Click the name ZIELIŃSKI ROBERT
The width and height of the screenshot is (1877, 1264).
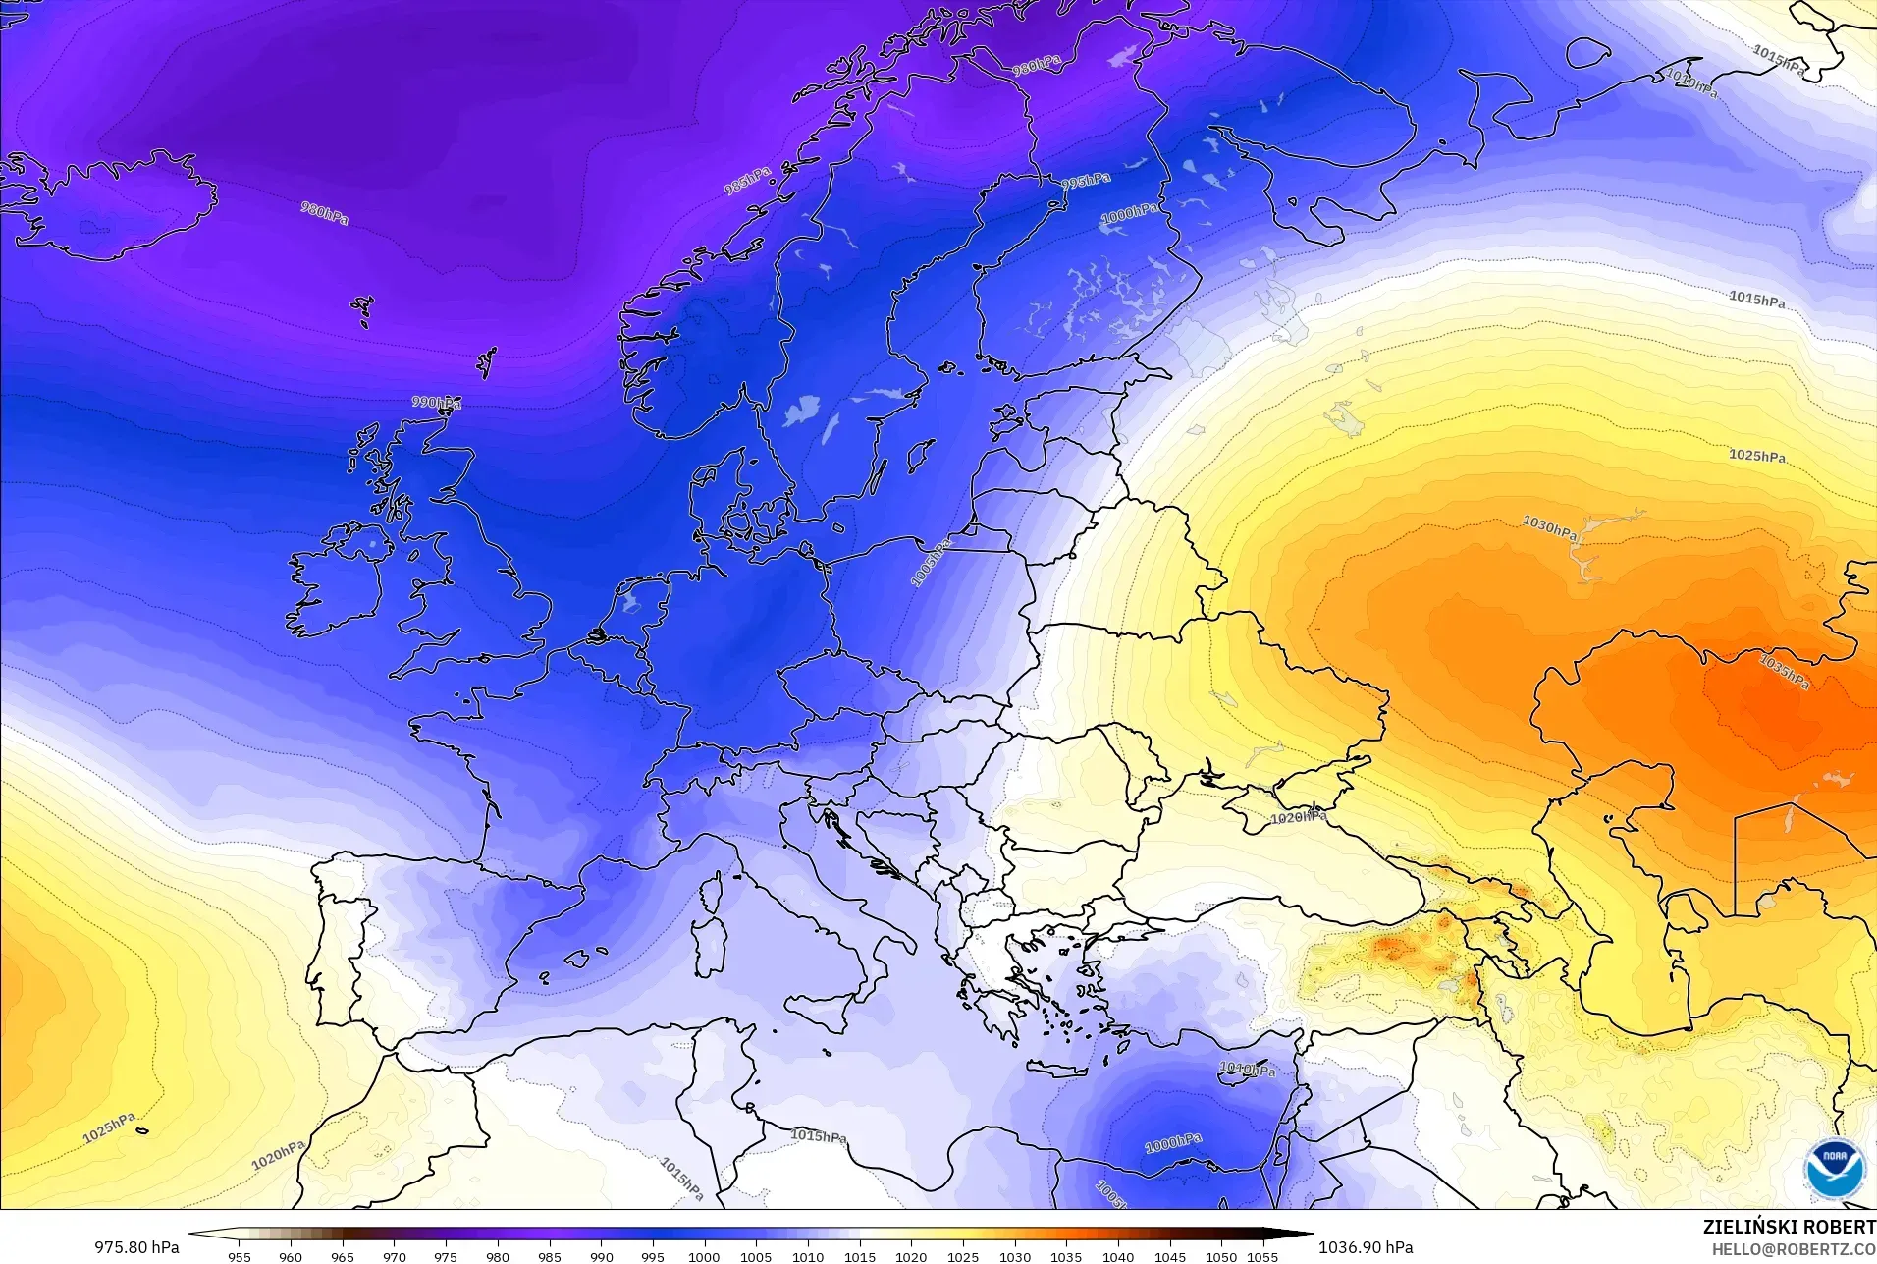pyautogui.click(x=1789, y=1227)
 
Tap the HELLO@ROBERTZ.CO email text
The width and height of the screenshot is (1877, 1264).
pyautogui.click(x=1794, y=1249)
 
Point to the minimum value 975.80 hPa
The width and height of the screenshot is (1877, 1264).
pyautogui.click(x=136, y=1247)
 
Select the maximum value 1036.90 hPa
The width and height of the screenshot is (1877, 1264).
pyautogui.click(x=1366, y=1247)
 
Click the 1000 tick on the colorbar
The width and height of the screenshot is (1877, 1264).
pyautogui.click(x=704, y=1256)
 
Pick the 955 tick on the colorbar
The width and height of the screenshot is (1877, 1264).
pyautogui.click(x=240, y=1256)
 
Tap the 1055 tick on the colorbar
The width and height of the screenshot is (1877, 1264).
pyautogui.click(x=1262, y=1256)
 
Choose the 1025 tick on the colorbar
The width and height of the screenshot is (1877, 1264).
pyautogui.click(x=962, y=1256)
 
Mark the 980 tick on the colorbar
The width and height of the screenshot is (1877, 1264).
pyautogui.click(x=498, y=1256)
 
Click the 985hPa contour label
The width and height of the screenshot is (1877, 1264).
pyautogui.click(x=747, y=181)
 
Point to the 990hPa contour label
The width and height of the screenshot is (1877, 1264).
pyautogui.click(x=437, y=403)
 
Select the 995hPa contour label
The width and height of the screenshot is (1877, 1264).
pyautogui.click(x=1086, y=181)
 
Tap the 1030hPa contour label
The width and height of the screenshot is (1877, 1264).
pyautogui.click(x=1550, y=527)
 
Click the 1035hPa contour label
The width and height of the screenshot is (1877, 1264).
pyautogui.click(x=1784, y=671)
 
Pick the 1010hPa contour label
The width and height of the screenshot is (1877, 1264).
pyautogui.click(x=1248, y=1069)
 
